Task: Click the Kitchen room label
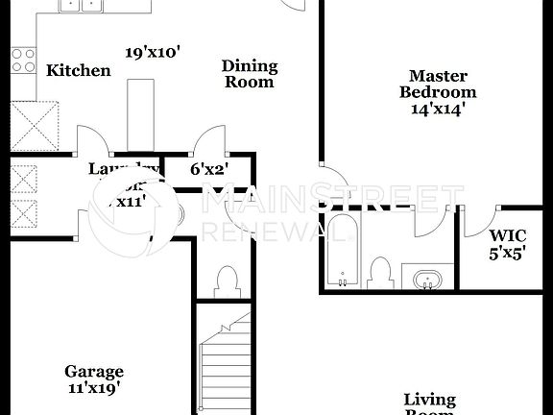tap(78, 70)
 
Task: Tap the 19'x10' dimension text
tap(154, 52)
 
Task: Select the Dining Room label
tap(250, 74)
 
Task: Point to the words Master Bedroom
tap(438, 84)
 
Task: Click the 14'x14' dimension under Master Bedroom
tap(438, 109)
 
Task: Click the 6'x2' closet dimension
tap(207, 169)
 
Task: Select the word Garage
tap(94, 371)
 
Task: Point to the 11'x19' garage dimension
tap(94, 388)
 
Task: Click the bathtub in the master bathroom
tap(341, 251)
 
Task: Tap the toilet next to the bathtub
tap(380, 272)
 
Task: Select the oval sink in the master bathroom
tap(426, 280)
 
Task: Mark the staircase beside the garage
tap(228, 363)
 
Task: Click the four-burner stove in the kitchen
tap(23, 61)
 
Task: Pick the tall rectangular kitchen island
tap(140, 115)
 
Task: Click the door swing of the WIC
tap(476, 220)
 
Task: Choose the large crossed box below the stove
tap(35, 126)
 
